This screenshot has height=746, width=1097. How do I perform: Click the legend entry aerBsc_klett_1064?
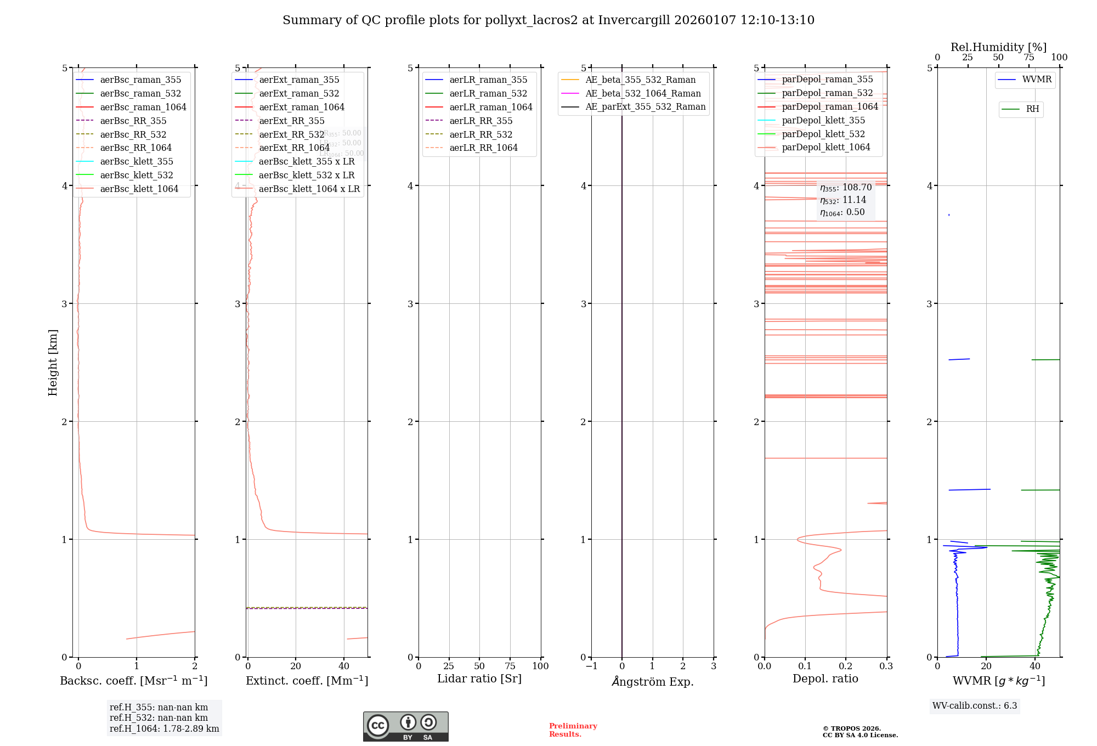pyautogui.click(x=139, y=189)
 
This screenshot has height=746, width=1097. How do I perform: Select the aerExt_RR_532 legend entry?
pyautogui.click(x=291, y=134)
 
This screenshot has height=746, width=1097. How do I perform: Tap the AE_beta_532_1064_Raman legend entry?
pyautogui.click(x=643, y=93)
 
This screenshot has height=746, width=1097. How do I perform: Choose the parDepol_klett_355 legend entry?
pyautogui.click(x=823, y=120)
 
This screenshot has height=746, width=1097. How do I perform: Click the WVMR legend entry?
pyautogui.click(x=1036, y=80)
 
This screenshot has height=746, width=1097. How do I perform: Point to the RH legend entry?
pyautogui.click(x=1032, y=109)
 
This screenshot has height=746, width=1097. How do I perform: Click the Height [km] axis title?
pyautogui.click(x=53, y=362)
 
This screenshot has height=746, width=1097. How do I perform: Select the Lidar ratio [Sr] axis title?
pyautogui.click(x=479, y=679)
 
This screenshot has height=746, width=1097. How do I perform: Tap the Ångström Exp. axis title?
pyautogui.click(x=652, y=681)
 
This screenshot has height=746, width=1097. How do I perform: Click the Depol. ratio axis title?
pyautogui.click(x=825, y=679)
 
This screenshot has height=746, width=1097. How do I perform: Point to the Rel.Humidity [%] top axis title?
pyautogui.click(x=998, y=47)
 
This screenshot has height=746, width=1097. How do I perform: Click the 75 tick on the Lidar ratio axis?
pyautogui.click(x=510, y=666)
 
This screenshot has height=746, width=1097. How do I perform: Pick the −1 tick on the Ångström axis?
pyautogui.click(x=591, y=666)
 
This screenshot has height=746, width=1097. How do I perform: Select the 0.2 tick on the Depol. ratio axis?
pyautogui.click(x=846, y=666)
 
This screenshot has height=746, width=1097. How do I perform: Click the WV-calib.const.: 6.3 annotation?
pyautogui.click(x=974, y=705)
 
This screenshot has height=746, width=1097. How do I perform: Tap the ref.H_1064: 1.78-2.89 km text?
pyautogui.click(x=164, y=728)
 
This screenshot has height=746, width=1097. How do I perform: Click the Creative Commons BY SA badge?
pyautogui.click(x=405, y=726)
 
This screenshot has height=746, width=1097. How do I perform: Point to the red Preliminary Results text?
pyautogui.click(x=573, y=730)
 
